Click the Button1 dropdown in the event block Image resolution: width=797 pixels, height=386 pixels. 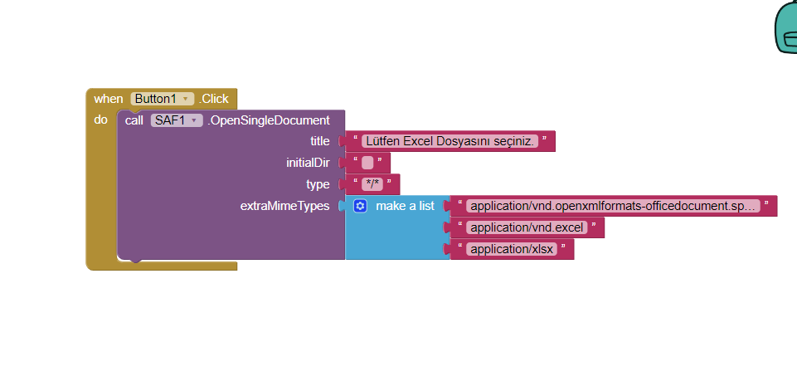click(x=163, y=99)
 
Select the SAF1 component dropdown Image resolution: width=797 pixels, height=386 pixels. click(x=177, y=120)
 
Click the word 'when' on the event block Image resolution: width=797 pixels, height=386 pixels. click(x=108, y=99)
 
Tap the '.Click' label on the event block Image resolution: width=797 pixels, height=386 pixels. click(x=214, y=99)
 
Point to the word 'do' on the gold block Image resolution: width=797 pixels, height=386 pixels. click(x=100, y=120)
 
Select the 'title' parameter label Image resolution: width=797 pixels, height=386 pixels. click(x=319, y=141)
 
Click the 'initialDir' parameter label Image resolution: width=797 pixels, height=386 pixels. click(x=308, y=163)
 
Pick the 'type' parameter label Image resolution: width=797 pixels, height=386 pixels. click(x=318, y=184)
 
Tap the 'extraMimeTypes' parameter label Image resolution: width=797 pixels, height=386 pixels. click(x=284, y=206)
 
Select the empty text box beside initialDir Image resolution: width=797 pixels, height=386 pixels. click(x=367, y=163)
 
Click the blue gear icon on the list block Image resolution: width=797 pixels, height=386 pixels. click(x=360, y=206)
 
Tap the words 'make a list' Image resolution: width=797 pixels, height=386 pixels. click(x=405, y=206)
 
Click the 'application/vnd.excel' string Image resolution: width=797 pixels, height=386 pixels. click(x=527, y=227)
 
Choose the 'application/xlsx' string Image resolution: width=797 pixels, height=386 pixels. click(x=512, y=249)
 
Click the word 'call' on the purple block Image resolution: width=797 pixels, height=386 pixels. click(x=134, y=120)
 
